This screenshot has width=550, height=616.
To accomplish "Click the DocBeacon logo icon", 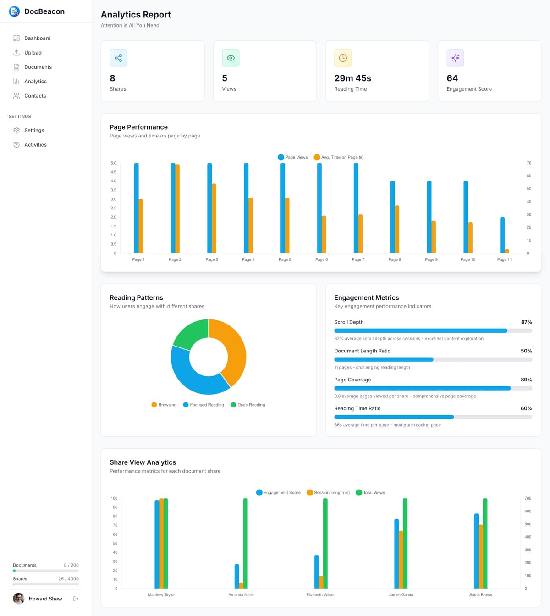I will click(14, 11).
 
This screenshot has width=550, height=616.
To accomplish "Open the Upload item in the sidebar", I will click(33, 53).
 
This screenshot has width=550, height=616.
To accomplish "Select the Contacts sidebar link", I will click(35, 96).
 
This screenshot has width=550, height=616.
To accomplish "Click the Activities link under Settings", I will click(35, 145).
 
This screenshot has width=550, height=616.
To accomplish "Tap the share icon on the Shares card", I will click(118, 58).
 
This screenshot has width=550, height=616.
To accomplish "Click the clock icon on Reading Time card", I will click(343, 58).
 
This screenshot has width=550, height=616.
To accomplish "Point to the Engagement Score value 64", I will click(452, 78).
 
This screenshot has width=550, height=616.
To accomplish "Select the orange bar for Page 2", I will click(177, 209).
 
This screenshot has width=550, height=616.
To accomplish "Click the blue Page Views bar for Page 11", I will click(502, 235).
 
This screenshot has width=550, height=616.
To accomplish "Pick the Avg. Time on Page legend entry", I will click(339, 157).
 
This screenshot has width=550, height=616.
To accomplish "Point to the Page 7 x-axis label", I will click(358, 259).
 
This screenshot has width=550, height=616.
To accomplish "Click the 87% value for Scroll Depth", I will click(526, 322).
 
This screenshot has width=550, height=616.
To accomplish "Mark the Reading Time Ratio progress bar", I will click(433, 417).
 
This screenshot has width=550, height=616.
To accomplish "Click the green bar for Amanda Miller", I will click(245, 543).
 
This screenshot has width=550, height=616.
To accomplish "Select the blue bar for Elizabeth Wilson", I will click(317, 572).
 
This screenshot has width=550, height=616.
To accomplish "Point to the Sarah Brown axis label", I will click(480, 595).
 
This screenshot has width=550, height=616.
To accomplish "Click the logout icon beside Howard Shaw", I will click(76, 599).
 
